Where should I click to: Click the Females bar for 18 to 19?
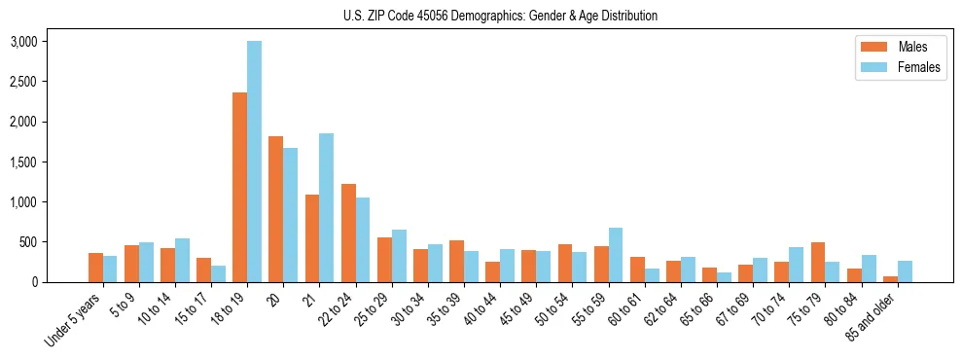254,162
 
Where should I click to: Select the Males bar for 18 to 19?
239,187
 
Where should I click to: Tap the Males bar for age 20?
275,209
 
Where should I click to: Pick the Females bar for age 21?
326,207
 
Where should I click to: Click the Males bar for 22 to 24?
348,233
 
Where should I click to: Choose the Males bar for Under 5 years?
95,268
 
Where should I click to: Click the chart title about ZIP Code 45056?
500,16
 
